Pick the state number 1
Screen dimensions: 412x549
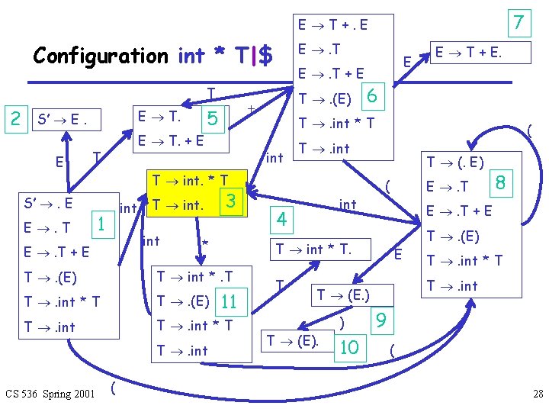click(x=98, y=223)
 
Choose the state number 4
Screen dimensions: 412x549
click(x=283, y=220)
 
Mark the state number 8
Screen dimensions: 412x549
click(x=501, y=182)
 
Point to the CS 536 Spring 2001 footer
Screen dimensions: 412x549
click(x=50, y=394)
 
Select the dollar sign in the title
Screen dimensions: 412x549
click(x=266, y=56)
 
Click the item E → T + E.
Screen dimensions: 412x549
click(x=470, y=53)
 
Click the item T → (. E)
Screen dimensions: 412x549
click(x=455, y=161)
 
